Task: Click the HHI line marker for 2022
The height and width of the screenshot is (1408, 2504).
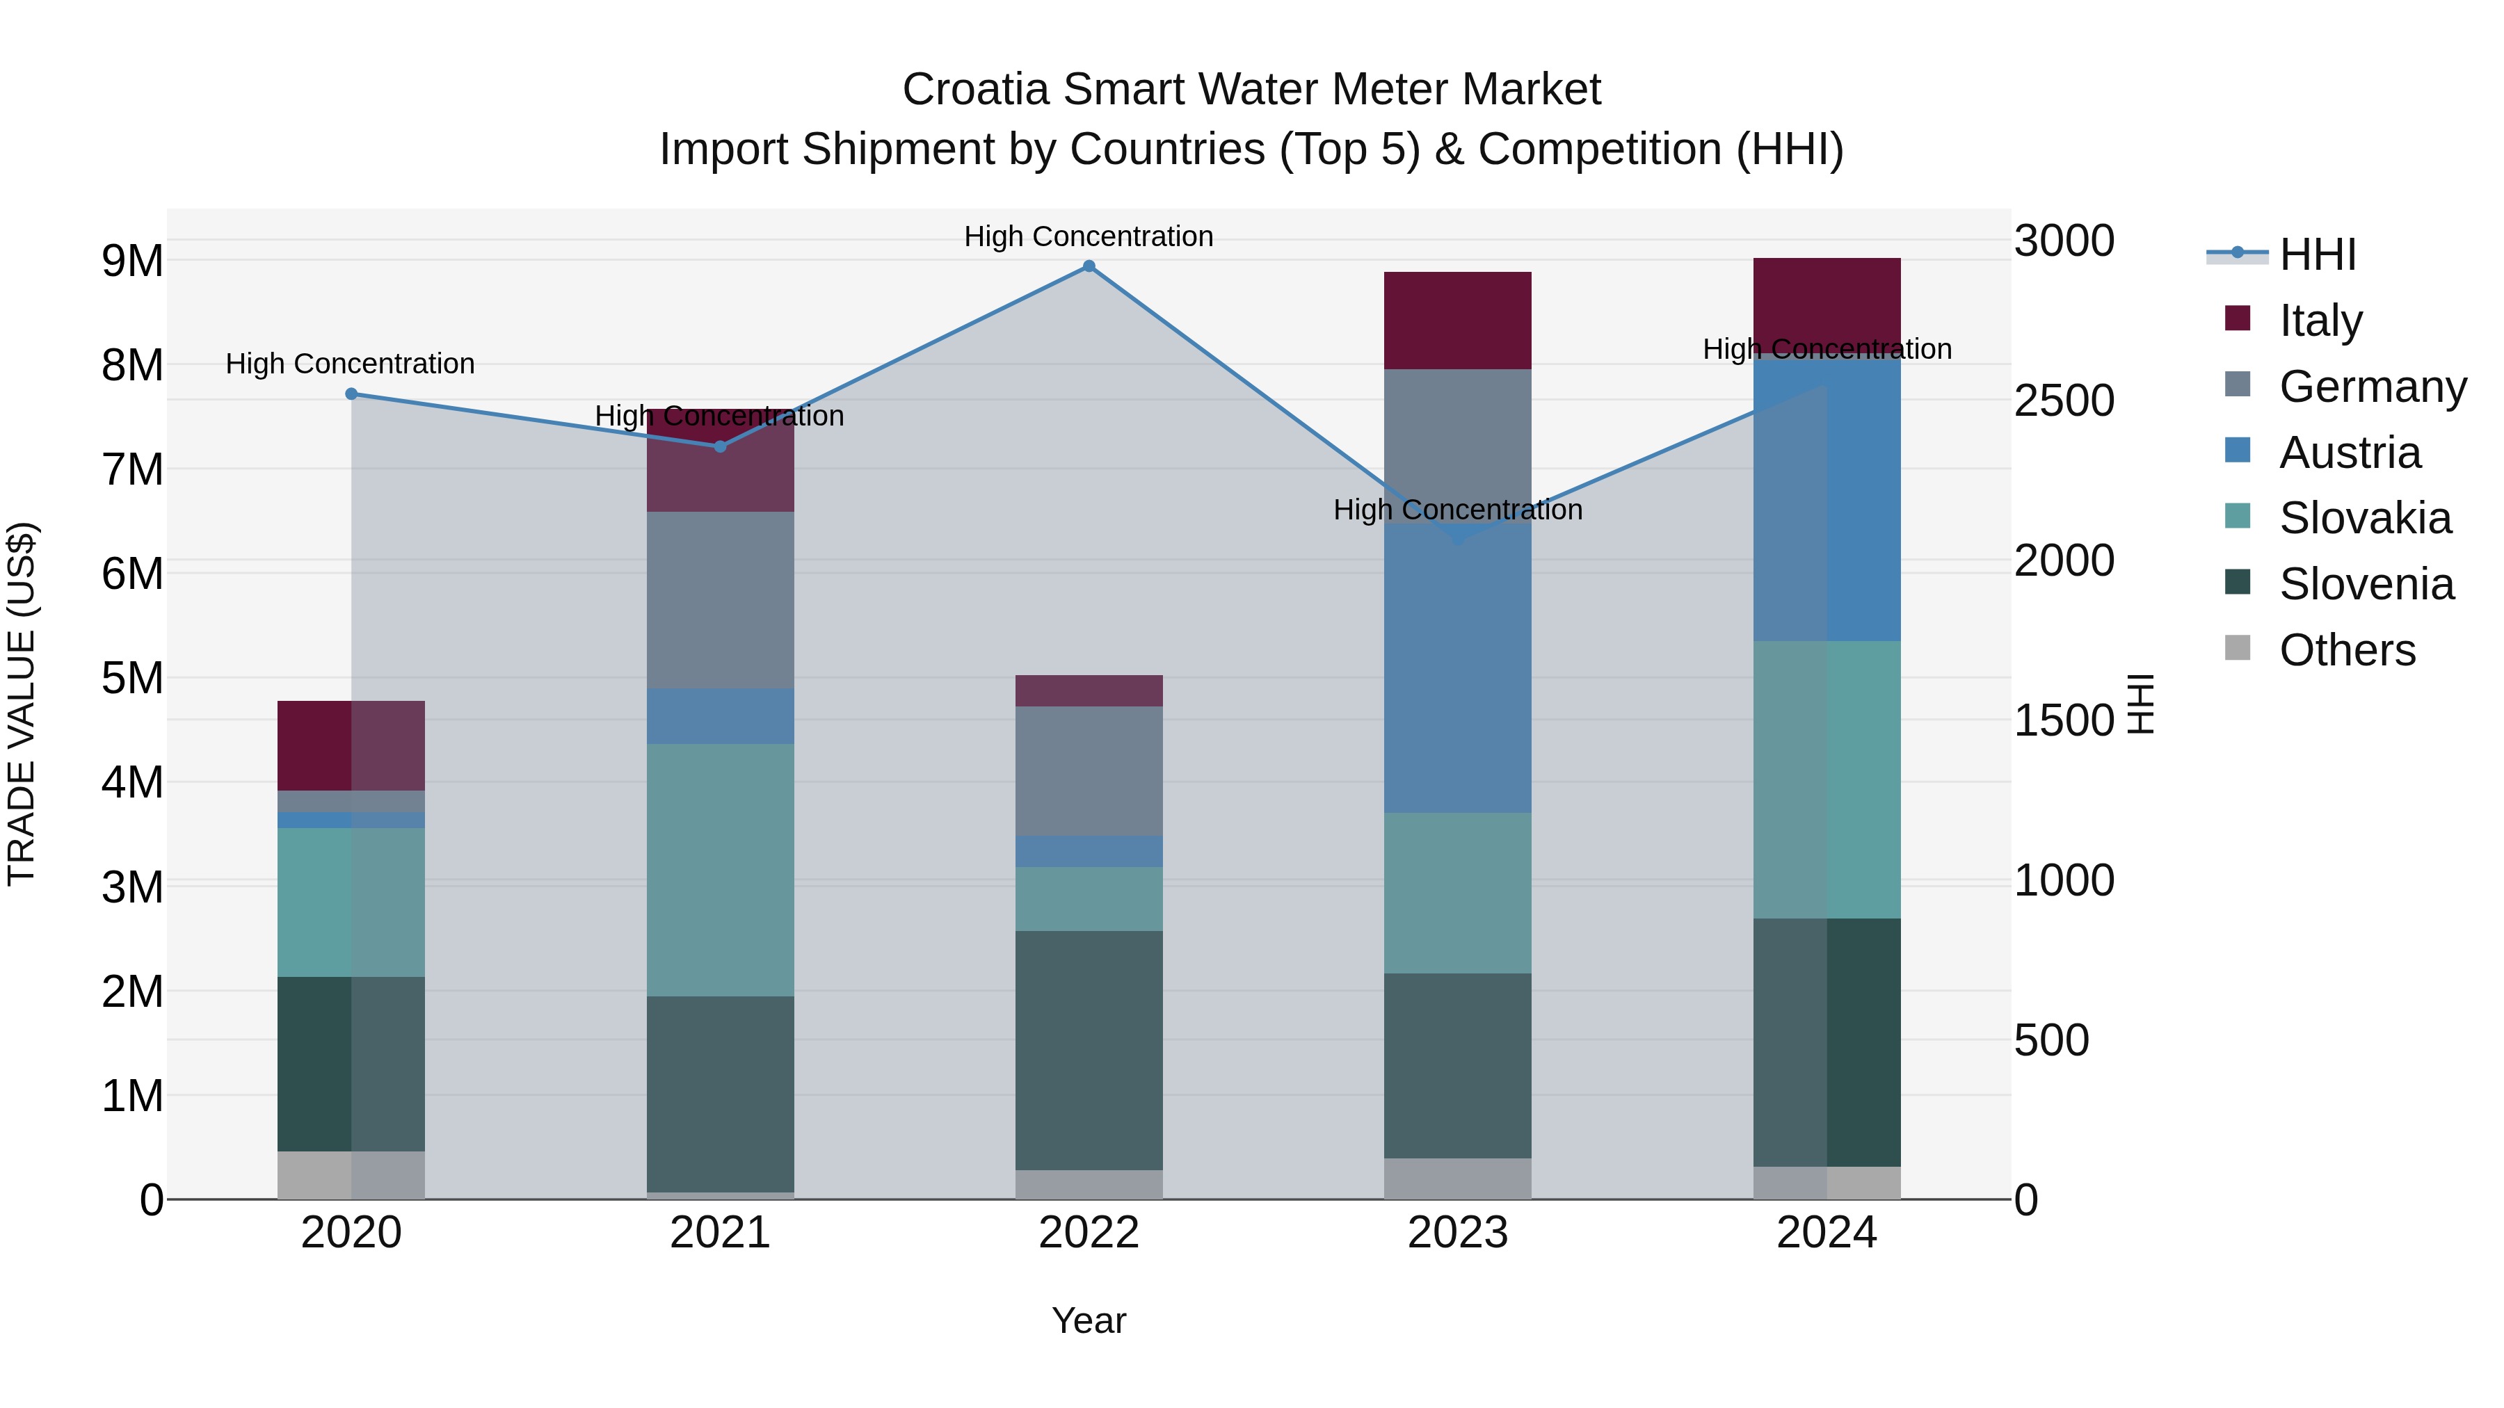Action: coord(1089,266)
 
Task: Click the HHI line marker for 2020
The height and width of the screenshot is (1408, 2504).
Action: coord(352,394)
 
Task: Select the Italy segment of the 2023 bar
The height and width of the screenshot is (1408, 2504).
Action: coord(1457,320)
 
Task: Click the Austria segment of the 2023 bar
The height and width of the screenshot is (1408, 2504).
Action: coord(1457,670)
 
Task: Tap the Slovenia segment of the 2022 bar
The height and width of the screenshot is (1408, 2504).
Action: coord(1089,1049)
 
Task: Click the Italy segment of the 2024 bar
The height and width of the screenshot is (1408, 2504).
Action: coord(1827,296)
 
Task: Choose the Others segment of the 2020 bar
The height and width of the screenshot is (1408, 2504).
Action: coord(351,1175)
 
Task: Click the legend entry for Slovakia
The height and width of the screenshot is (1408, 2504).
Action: coord(2364,518)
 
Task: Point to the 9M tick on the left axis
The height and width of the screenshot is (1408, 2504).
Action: coord(133,261)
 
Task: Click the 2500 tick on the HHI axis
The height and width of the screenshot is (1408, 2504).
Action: coord(2064,400)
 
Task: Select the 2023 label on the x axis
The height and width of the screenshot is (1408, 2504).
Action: coord(1457,1233)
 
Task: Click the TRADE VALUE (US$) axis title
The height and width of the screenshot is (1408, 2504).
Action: coord(22,704)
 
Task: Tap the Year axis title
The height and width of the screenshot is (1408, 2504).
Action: coord(1089,1320)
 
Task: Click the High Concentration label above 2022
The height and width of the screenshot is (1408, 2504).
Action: coord(1089,236)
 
